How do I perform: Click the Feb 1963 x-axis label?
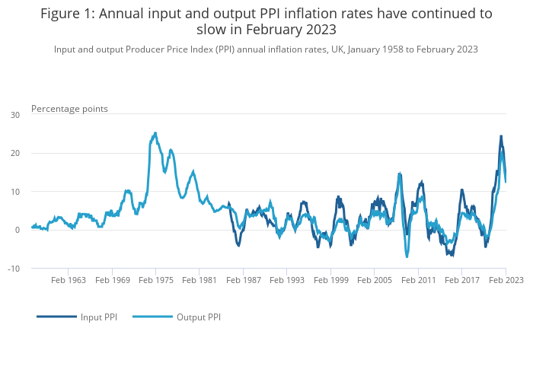(x=69, y=280)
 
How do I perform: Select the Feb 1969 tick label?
(x=112, y=280)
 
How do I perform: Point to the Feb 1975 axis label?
(x=156, y=280)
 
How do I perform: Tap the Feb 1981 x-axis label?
(x=199, y=280)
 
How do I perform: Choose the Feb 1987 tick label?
(x=243, y=280)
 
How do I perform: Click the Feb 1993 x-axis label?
(x=287, y=280)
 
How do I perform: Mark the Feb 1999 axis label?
(x=330, y=280)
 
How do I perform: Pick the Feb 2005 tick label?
(x=374, y=280)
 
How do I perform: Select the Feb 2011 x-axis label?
(x=418, y=280)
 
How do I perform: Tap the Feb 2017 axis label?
(x=461, y=280)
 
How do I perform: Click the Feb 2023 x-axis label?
(x=506, y=280)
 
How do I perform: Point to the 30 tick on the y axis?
(x=15, y=115)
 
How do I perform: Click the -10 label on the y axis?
(x=14, y=269)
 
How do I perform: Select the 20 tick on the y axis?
(x=15, y=153)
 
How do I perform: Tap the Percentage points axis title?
(x=69, y=109)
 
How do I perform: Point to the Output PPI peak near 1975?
(x=155, y=133)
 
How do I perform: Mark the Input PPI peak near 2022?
(x=501, y=136)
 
